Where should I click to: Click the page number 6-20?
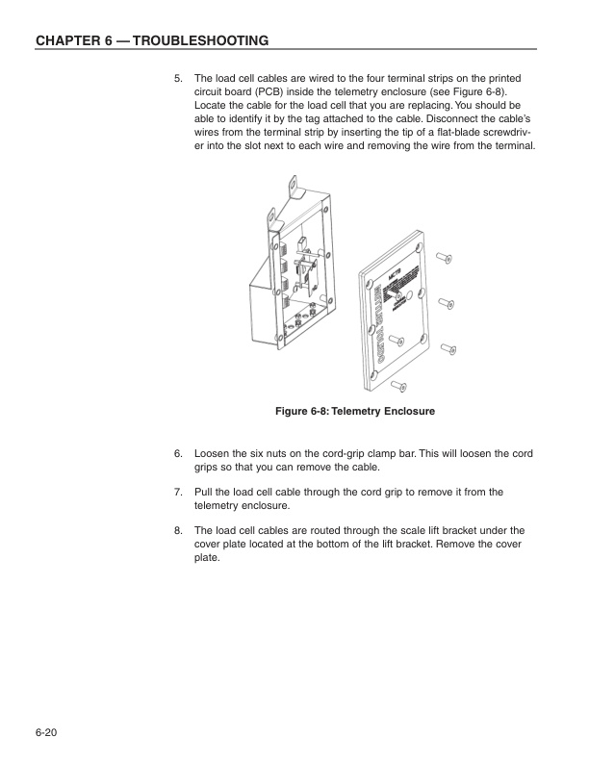46,734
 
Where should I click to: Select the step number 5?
177,77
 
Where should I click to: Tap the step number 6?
177,452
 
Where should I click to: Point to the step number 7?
177,492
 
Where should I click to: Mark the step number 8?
177,530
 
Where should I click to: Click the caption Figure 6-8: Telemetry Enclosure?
355,412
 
